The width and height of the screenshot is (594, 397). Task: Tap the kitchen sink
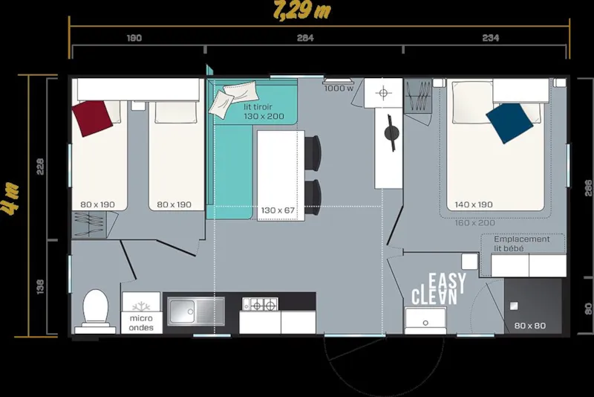pos(195,311)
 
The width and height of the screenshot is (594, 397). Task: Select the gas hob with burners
pos(261,303)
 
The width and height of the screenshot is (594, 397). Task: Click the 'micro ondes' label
pos(141,323)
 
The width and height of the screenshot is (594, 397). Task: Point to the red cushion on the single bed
pos(97,117)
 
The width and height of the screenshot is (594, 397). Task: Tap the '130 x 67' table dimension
pos(278,210)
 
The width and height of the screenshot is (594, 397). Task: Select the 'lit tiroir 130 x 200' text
pos(264,112)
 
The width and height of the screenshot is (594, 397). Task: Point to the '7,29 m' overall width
pos(301,11)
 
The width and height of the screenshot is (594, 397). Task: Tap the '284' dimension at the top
pos(304,38)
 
